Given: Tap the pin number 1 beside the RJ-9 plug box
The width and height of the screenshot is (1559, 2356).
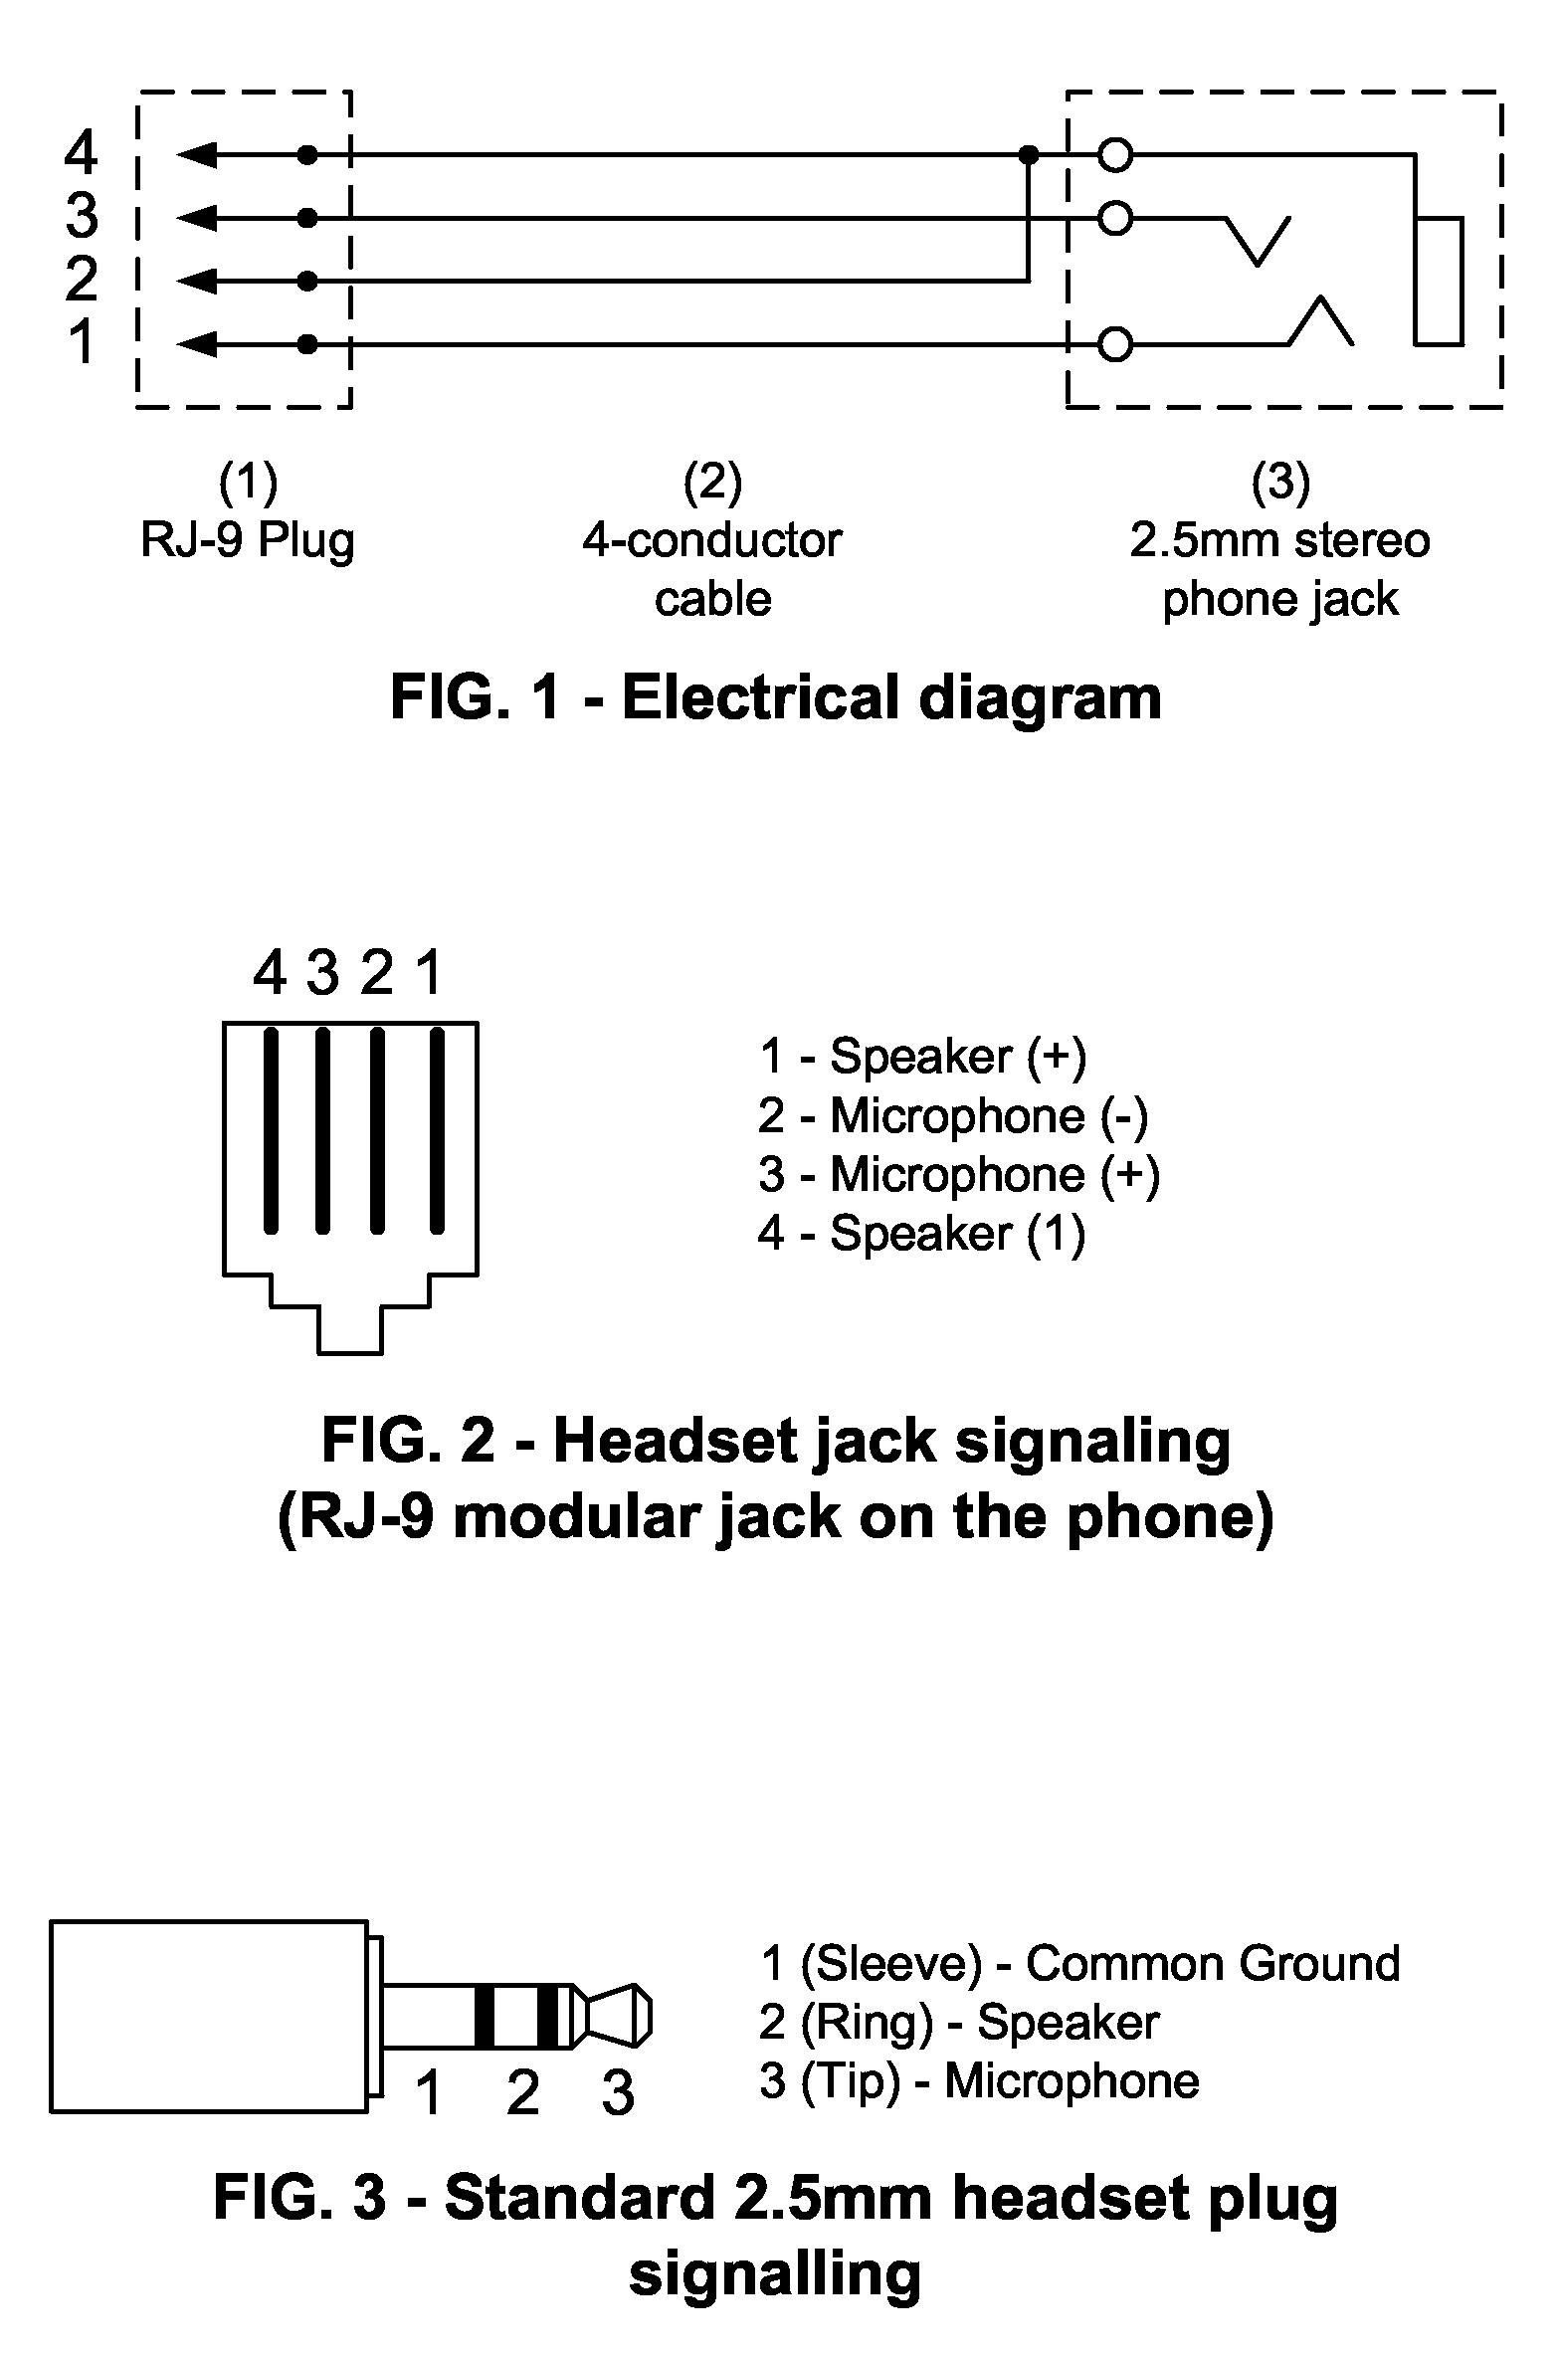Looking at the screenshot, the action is point(83,342).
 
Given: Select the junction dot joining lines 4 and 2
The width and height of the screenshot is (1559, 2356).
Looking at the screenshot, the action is point(1029,155).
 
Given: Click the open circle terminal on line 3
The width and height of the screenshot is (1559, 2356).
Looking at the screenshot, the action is point(1115,218).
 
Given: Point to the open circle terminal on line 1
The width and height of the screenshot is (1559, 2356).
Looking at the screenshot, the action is point(1115,344).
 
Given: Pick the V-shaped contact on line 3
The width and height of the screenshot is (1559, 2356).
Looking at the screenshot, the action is point(1258,240).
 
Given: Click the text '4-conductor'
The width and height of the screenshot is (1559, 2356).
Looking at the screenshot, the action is point(712,540).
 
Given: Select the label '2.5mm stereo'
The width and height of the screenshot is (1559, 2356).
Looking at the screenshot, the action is point(1280,540).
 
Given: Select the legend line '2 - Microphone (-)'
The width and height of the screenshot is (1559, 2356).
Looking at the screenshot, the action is point(953,1115).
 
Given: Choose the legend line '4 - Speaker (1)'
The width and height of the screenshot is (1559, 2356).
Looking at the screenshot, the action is point(921,1234).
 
